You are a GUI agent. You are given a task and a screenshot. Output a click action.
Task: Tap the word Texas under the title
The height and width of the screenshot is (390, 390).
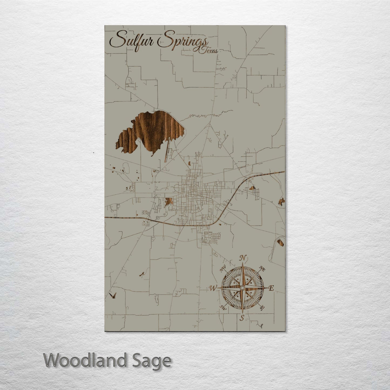pos(208,51)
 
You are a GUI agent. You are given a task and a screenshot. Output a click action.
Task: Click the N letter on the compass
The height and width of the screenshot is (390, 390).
pos(243,258)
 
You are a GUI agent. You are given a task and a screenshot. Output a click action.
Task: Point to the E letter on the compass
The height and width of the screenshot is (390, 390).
pos(271,288)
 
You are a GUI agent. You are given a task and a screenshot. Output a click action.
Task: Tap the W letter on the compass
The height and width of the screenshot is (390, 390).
pos(213,289)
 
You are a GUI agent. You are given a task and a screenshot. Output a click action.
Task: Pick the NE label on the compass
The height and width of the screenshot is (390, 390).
pos(262,268)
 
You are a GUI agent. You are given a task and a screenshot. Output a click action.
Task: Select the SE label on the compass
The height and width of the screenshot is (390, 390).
pos(262,308)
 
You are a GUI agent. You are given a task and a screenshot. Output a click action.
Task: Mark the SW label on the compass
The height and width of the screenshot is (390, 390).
pos(223,307)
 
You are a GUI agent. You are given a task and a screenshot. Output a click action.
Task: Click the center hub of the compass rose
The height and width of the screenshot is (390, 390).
pos(242,288)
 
